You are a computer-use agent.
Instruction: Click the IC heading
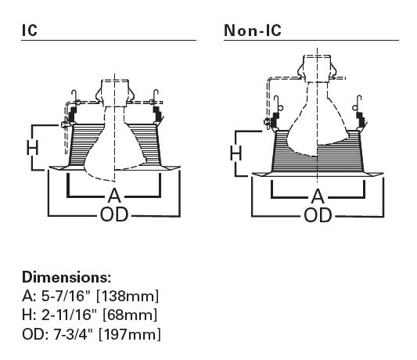pos(30,31)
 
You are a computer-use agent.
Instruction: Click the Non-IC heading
pos(253,31)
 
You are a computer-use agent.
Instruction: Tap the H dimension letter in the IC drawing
pos(32,148)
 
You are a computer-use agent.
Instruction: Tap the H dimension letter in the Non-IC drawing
pos(236,153)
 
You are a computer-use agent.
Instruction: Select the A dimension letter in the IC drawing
pos(114,196)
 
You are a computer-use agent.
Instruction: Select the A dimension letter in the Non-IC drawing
pos(318,196)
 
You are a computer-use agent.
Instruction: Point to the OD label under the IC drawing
pos(114,214)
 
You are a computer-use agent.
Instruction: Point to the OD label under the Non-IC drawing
pos(318,215)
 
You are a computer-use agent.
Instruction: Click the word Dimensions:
pos(67,277)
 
